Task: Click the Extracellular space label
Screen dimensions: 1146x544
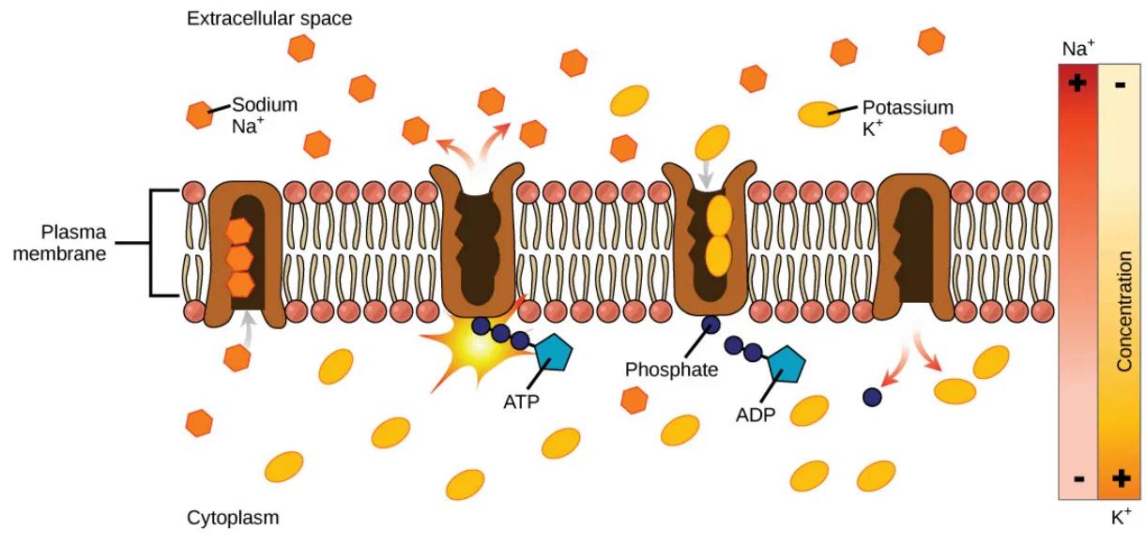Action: coord(269,19)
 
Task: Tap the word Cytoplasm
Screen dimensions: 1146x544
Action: coord(233,518)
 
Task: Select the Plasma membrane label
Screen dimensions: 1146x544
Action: coord(59,243)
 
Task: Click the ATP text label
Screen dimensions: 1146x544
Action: coord(521,401)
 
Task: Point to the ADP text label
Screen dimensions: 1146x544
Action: coord(756,415)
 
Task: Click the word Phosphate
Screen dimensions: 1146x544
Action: coord(671,370)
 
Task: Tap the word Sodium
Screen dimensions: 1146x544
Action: coord(265,105)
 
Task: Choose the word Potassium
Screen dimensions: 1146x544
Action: coord(908,107)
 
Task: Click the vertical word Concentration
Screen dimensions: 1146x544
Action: coord(1124,311)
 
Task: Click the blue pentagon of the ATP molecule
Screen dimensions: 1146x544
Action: coord(554,353)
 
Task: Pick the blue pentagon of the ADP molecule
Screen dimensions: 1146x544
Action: coord(786,364)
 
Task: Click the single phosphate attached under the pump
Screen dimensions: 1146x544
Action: coord(711,325)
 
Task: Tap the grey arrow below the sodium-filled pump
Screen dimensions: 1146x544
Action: coord(248,330)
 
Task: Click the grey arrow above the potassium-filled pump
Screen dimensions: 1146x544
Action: coord(707,175)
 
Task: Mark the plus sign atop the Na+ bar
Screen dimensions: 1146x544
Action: coord(1078,83)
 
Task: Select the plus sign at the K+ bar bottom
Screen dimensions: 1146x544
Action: coord(1121,478)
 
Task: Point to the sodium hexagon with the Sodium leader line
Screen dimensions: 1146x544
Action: coord(200,115)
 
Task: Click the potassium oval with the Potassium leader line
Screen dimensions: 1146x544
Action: coord(819,114)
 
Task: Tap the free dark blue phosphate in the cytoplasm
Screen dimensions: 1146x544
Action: coord(872,397)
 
